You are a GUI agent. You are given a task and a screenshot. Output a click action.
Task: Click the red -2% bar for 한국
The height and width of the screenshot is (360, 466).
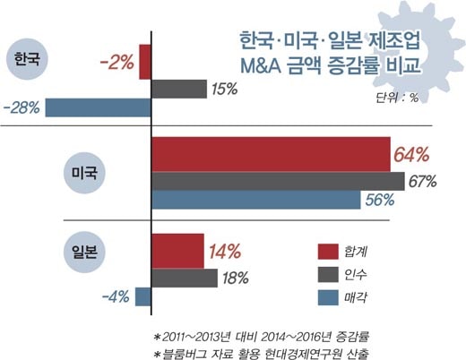[145, 62]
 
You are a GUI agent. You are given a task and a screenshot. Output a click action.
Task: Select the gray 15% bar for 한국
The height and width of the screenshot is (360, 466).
[179, 89]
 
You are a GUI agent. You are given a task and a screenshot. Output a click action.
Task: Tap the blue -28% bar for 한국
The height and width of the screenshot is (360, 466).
[99, 107]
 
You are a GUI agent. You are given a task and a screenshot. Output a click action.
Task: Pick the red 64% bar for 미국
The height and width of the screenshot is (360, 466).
[271, 155]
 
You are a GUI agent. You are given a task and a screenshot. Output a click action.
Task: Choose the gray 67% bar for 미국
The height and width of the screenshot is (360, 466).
[278, 181]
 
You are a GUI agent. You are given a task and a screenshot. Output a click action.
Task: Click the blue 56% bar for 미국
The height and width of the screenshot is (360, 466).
[256, 200]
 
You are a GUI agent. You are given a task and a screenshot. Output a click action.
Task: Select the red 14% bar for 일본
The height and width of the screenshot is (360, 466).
[177, 252]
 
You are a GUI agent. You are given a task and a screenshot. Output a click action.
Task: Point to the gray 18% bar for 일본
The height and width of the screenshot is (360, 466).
[185, 278]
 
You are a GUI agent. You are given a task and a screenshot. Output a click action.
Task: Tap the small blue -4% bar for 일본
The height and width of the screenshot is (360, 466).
[143, 296]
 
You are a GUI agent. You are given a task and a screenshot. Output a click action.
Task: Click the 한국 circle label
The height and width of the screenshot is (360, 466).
[27, 59]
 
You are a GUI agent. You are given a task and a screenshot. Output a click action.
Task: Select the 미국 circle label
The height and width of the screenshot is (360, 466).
[84, 173]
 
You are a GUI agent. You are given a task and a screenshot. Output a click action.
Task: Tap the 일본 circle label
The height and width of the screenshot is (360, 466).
[84, 252]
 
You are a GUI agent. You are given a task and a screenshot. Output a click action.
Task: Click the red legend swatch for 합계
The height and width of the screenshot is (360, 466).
[328, 252]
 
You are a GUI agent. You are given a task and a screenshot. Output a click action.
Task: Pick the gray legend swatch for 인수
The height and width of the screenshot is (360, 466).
[328, 274]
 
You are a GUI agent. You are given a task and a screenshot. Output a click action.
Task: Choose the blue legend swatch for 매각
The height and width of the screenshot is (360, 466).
[328, 297]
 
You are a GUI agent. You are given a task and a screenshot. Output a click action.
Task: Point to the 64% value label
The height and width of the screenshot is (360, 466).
[411, 155]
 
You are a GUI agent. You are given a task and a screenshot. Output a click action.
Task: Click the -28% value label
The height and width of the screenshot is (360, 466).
[22, 107]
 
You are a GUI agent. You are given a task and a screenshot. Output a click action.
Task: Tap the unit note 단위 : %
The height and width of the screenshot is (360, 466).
[397, 98]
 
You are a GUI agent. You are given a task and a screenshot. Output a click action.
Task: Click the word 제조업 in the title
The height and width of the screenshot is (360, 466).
[394, 40]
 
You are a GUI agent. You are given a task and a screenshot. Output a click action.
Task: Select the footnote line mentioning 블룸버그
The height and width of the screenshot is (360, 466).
[261, 354]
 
